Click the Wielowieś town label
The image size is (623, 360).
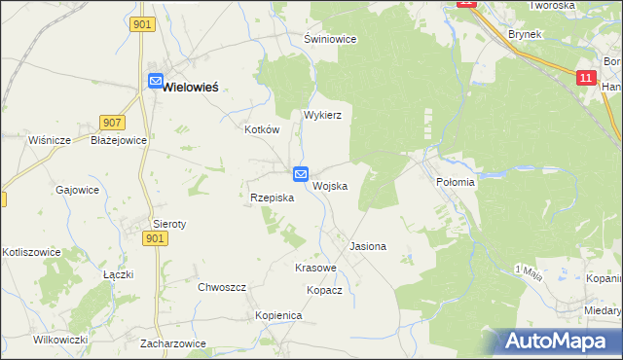190,86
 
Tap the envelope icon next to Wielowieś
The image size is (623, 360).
155,83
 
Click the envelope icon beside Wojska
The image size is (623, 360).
301,174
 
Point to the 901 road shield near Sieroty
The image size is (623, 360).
154,238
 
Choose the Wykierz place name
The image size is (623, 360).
322,114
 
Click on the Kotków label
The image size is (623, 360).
262,129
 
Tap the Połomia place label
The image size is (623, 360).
455,182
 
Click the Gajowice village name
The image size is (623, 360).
78,190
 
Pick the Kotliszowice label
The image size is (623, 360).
32,252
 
